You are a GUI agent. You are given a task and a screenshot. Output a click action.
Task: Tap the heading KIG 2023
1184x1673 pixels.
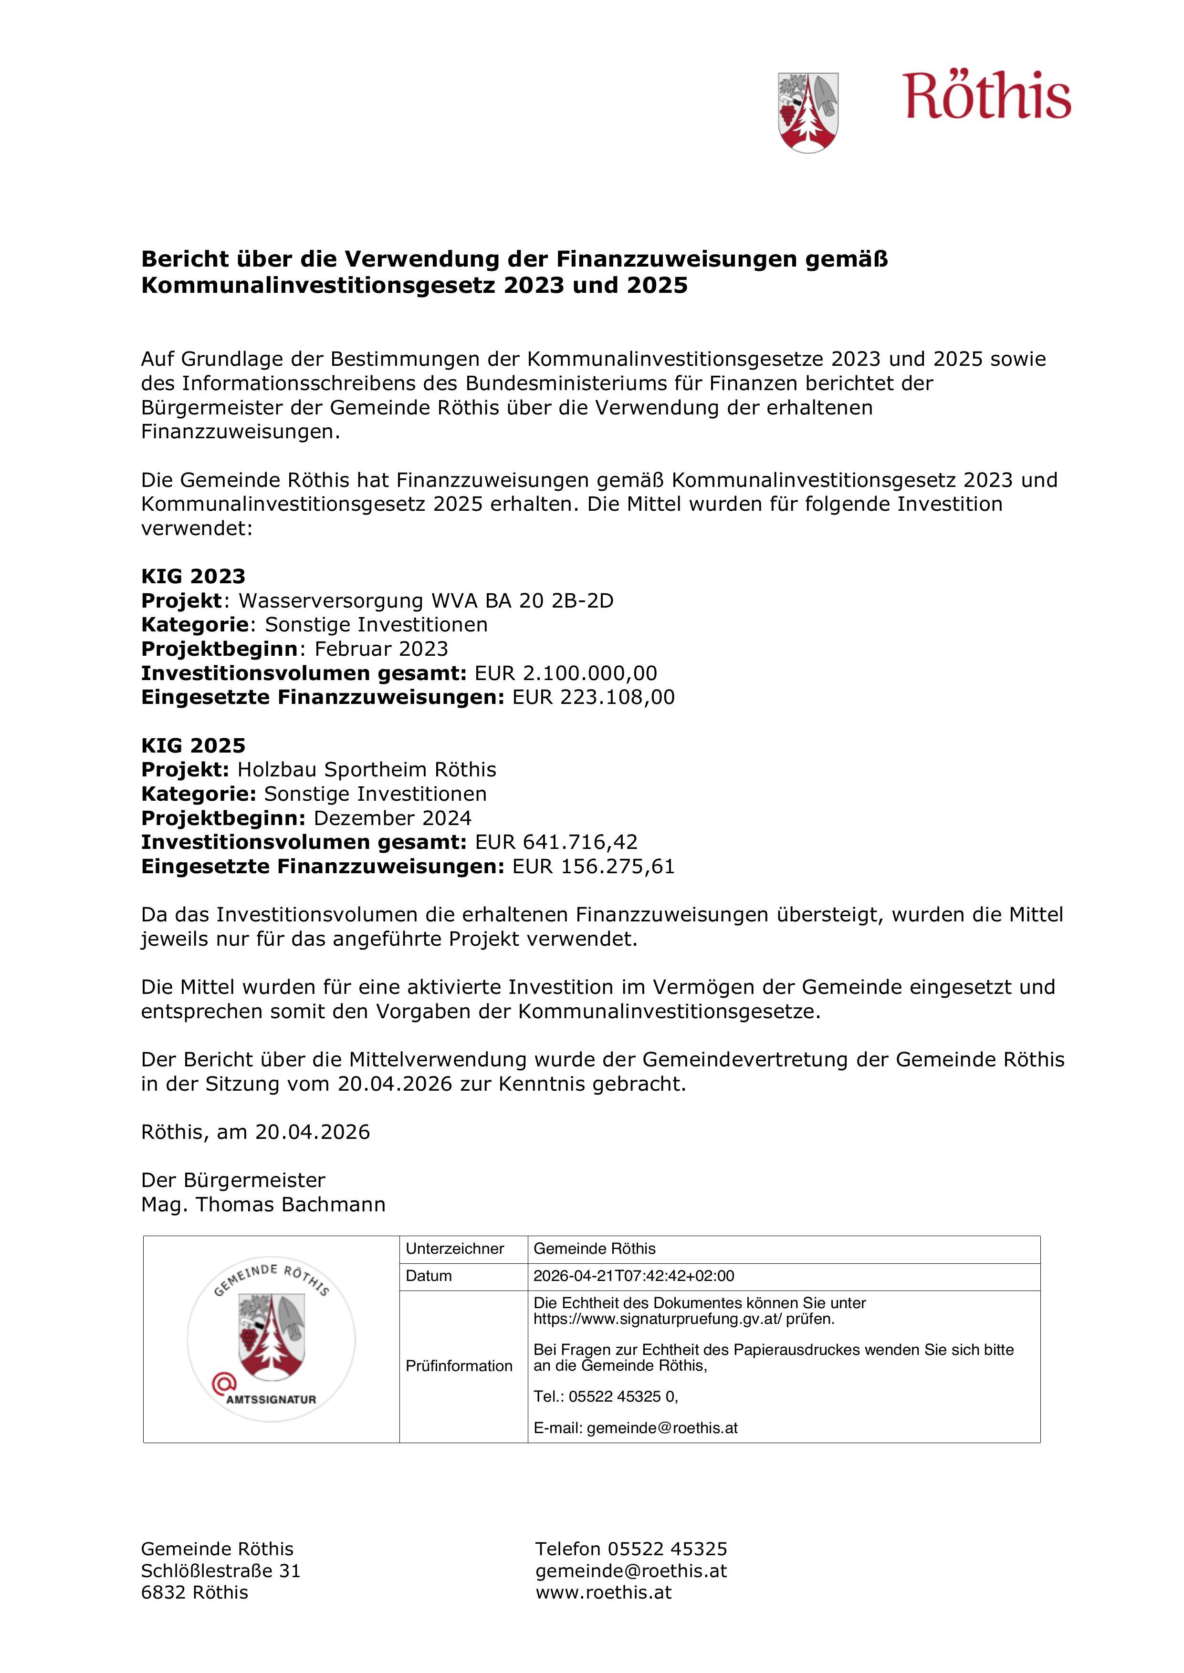(x=193, y=577)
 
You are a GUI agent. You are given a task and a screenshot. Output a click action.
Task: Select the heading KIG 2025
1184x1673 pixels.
(x=193, y=745)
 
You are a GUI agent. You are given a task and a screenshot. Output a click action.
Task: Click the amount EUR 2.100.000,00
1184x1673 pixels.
(x=566, y=673)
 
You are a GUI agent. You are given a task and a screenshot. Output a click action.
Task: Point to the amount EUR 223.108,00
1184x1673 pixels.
(x=594, y=697)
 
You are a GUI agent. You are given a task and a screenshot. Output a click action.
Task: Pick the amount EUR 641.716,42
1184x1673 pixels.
(x=556, y=842)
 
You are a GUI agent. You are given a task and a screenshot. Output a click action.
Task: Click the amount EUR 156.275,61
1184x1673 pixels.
(x=594, y=867)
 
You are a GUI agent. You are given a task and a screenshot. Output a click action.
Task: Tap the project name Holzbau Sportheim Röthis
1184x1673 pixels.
(x=367, y=769)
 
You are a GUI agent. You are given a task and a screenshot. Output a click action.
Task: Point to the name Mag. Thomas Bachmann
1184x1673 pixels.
(x=263, y=1205)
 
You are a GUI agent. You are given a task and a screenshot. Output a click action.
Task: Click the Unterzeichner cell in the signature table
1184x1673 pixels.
(x=455, y=1248)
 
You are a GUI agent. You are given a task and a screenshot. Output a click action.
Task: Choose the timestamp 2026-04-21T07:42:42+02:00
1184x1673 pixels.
(x=634, y=1276)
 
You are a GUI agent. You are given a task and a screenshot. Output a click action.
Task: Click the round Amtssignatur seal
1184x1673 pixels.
(x=271, y=1339)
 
